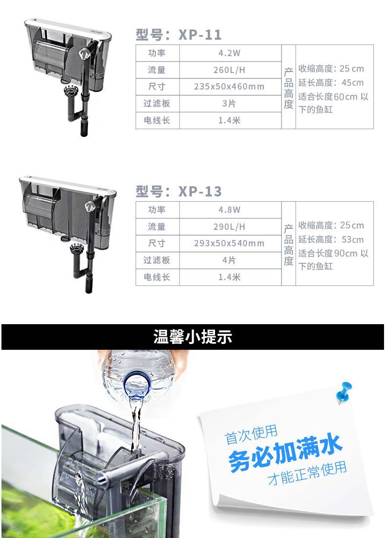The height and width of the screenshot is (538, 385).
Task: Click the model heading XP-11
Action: point(179,35)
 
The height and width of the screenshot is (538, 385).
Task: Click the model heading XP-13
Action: point(179,192)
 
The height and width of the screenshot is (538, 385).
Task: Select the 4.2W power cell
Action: point(230,53)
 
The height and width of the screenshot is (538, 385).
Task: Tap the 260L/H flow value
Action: point(230,70)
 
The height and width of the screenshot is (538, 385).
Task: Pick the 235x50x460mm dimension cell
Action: point(230,87)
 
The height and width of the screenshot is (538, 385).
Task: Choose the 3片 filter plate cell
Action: point(230,103)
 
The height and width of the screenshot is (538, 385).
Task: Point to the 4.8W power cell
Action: point(230,209)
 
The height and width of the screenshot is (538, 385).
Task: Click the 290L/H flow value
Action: point(230,226)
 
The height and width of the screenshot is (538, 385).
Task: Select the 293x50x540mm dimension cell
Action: point(230,243)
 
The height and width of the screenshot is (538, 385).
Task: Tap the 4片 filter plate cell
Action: point(230,260)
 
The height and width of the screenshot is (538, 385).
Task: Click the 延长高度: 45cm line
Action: point(331,83)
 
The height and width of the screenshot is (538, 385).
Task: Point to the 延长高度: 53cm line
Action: point(331,239)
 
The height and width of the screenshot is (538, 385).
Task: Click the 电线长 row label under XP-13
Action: point(157,277)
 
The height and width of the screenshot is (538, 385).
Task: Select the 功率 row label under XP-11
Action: point(157,53)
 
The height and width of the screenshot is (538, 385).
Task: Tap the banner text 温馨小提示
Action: point(193,337)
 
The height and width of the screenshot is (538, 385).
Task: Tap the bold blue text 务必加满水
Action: point(286,451)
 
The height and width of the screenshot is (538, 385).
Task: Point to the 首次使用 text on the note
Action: point(251,434)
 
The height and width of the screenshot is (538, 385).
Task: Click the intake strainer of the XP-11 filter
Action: point(71,91)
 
